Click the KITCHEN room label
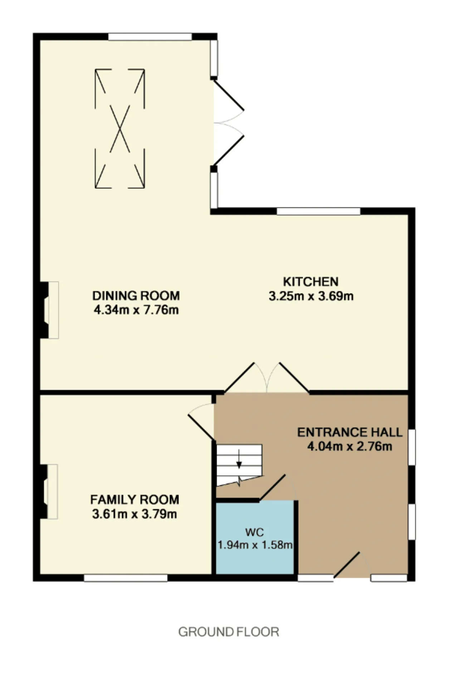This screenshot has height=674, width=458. tap(311, 281)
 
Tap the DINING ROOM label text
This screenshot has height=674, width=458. tap(136, 295)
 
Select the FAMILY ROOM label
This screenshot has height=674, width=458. tap(135, 499)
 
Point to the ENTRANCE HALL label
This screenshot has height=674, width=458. tap(350, 432)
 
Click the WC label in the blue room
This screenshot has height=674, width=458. tap(254, 532)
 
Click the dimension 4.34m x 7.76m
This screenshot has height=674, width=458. tap(136, 310)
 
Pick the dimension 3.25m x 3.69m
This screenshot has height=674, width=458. tap(311, 296)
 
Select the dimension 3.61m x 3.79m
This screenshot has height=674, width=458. tap(135, 514)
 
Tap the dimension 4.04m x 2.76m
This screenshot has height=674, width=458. tap(350, 447)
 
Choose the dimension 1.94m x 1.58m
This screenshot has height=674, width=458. tap(255, 545)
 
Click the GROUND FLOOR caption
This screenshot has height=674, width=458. tap(229, 632)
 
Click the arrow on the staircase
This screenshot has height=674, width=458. tap(239, 459)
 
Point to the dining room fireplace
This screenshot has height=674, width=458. tap(49, 310)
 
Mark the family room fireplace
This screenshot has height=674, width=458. tap(48, 492)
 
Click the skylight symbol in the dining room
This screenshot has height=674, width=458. tap(120, 129)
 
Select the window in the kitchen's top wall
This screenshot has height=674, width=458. tap(318, 211)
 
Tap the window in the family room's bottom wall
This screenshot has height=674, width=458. tap(126, 578)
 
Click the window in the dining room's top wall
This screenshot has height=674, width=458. tap(150, 37)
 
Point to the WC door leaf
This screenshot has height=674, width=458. tap(272, 487)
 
